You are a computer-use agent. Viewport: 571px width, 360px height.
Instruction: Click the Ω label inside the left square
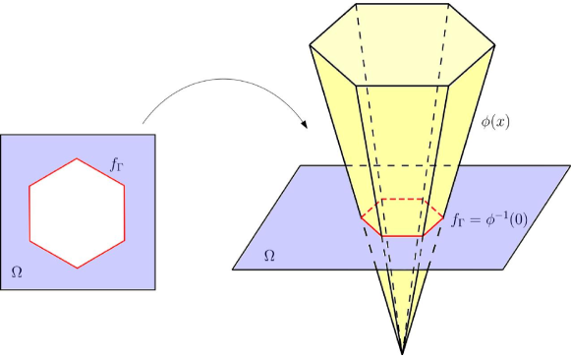(16, 270)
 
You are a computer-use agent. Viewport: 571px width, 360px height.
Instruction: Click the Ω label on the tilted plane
(270, 257)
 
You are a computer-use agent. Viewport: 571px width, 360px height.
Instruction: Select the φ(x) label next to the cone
(494, 122)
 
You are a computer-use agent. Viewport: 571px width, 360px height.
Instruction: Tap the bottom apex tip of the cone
(403, 351)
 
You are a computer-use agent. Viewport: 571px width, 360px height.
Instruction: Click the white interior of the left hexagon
(77, 211)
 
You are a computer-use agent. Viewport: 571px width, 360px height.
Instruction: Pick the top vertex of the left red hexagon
(77, 157)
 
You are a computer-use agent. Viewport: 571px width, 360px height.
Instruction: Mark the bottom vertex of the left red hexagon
(77, 267)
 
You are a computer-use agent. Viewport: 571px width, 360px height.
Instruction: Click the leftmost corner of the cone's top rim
(310, 45)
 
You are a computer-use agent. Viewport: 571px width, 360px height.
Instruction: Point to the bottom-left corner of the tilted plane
(233, 269)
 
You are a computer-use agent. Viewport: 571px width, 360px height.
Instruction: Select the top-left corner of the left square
(1, 134)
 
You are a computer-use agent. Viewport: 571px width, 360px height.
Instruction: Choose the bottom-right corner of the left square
(154, 289)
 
